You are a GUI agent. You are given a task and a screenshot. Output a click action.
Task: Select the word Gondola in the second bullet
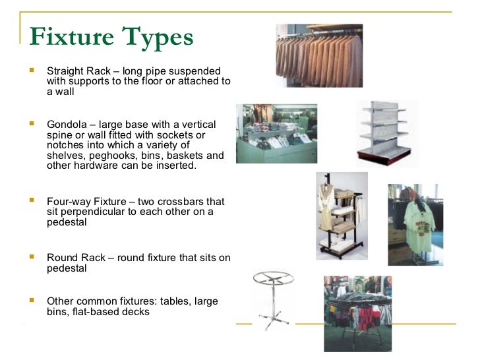pyautogui.click(x=67, y=125)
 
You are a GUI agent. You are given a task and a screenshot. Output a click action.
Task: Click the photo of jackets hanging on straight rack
pyautogui.click(x=318, y=55)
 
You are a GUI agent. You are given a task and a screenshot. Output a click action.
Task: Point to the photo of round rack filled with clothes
pyautogui.click(x=357, y=313)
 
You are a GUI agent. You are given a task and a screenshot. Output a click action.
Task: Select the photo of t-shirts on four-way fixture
pyautogui.click(x=414, y=224)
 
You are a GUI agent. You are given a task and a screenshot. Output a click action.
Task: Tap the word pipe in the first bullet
pyautogui.click(x=161, y=71)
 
